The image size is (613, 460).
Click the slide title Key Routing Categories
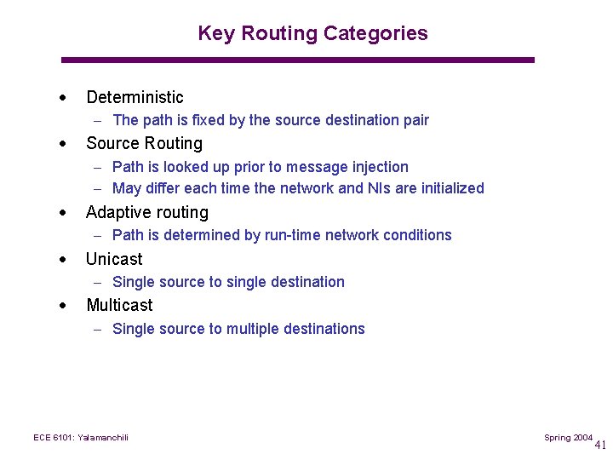[x=312, y=33]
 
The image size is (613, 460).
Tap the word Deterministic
[x=135, y=97]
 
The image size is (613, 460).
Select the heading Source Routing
[x=144, y=143]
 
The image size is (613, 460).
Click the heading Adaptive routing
[x=146, y=212]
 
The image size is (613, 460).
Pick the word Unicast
[x=114, y=259]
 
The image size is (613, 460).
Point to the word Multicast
[x=119, y=305]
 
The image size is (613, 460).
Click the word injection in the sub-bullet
[x=380, y=167]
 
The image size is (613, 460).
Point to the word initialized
[x=449, y=188]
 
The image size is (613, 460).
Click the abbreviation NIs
[x=377, y=188]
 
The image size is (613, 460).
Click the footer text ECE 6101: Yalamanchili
[x=80, y=438]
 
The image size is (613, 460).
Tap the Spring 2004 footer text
[x=568, y=438]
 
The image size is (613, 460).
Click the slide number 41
[x=600, y=445]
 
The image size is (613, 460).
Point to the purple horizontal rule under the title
[x=298, y=60]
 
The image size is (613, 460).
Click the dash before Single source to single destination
[x=100, y=282]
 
